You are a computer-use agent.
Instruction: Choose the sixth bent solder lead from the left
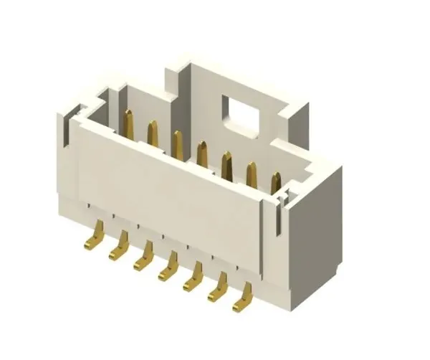tap(217, 290)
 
